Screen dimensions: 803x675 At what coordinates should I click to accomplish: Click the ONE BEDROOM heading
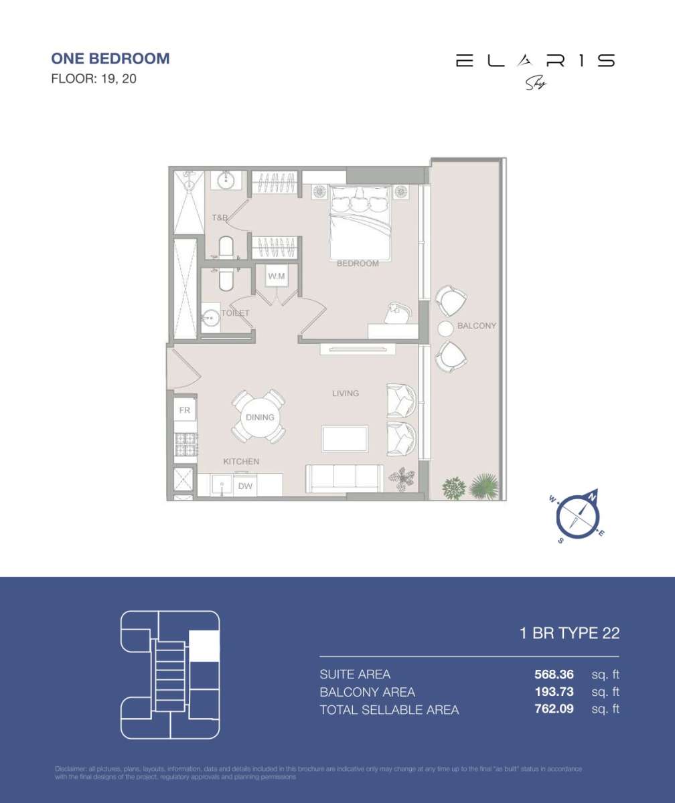click(x=110, y=58)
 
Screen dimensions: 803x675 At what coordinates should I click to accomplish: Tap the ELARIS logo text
click(x=535, y=61)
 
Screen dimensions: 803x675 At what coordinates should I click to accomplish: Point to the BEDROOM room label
click(x=358, y=264)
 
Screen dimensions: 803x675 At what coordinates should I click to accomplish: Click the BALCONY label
click(x=477, y=326)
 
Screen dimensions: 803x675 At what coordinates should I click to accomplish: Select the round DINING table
click(x=259, y=417)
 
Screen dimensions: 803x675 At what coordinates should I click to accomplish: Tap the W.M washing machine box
click(x=277, y=276)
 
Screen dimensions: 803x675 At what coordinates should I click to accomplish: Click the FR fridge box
click(x=183, y=409)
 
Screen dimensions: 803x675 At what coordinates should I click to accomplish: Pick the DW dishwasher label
click(x=246, y=486)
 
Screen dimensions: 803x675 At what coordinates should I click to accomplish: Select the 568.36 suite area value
click(x=549, y=675)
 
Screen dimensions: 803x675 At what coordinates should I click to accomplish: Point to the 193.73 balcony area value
click(x=549, y=692)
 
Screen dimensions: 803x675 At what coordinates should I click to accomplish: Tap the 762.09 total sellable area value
click(x=549, y=709)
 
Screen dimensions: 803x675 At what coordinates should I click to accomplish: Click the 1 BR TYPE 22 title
click(x=569, y=633)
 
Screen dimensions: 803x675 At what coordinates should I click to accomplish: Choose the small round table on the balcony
click(x=445, y=329)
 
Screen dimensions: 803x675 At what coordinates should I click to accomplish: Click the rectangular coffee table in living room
click(x=345, y=439)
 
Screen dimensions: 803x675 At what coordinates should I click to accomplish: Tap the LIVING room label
click(x=346, y=393)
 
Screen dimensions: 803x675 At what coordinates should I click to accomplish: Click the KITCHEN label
click(x=241, y=462)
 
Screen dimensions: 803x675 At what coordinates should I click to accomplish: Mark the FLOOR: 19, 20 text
click(x=94, y=79)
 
